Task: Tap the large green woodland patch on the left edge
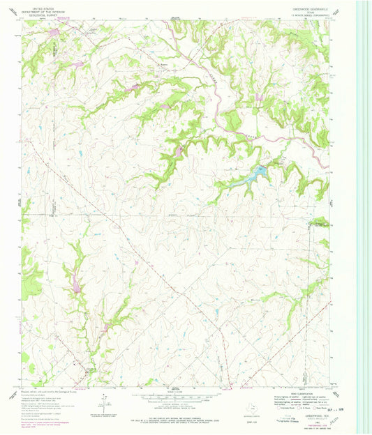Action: [x=29, y=261]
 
